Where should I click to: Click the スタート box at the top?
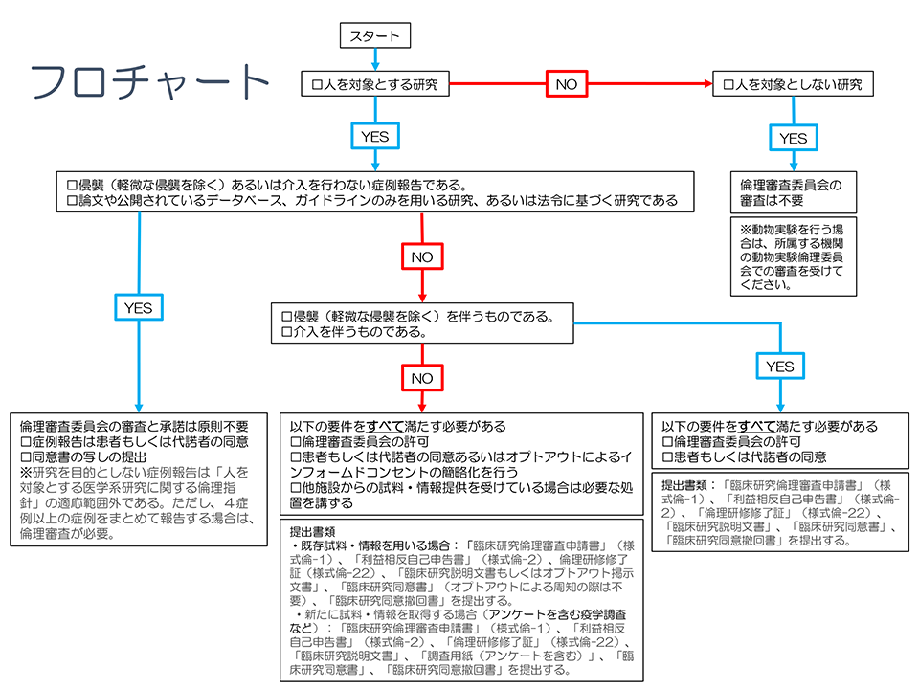click(x=375, y=37)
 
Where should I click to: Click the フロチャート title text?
click(x=150, y=83)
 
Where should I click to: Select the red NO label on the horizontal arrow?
click(x=567, y=84)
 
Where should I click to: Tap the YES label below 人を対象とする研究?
click(x=375, y=137)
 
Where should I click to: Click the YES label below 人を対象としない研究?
click(x=793, y=138)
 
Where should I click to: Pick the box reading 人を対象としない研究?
click(x=793, y=84)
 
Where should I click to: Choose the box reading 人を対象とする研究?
click(x=375, y=84)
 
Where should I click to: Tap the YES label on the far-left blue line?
click(x=138, y=307)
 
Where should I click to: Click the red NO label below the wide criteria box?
click(x=422, y=257)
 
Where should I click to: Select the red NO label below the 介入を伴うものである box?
click(x=422, y=378)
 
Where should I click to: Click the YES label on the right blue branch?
click(x=780, y=367)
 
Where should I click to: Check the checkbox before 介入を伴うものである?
click(x=286, y=332)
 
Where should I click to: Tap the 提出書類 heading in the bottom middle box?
click(x=313, y=529)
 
